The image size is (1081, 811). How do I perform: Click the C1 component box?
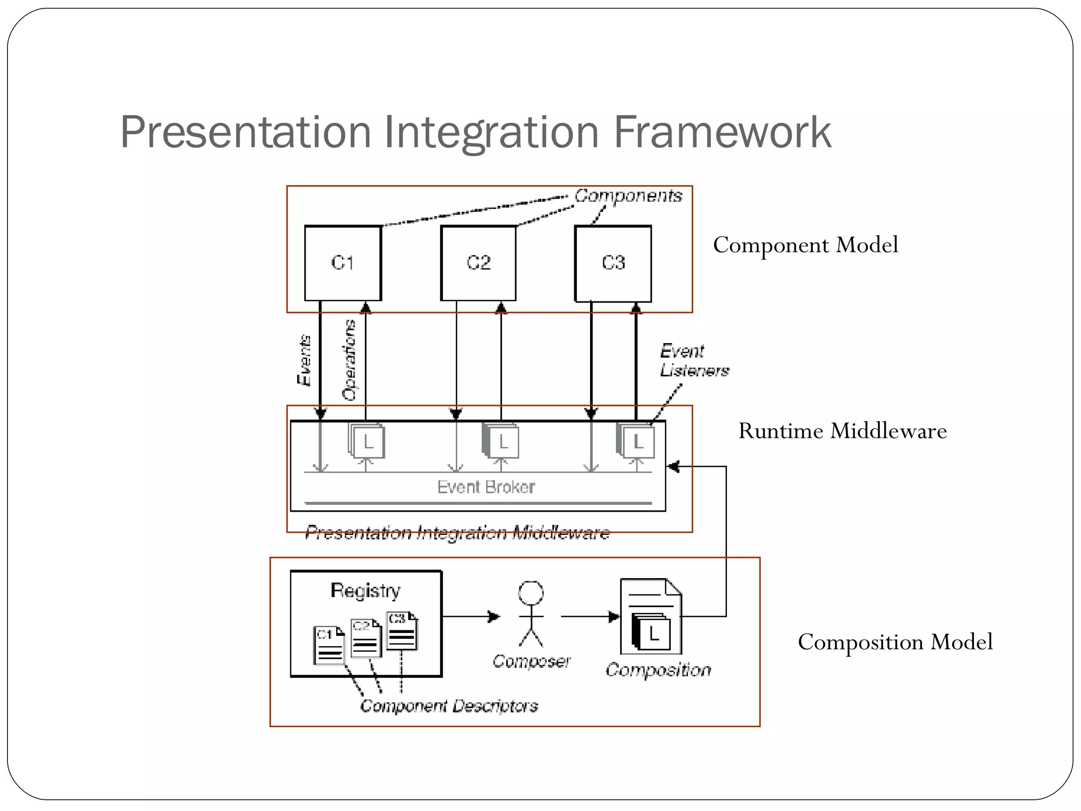point(343,263)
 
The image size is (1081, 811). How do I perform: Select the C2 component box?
point(478,263)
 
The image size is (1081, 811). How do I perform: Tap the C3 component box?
point(613,263)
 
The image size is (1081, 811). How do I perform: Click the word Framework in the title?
point(722,132)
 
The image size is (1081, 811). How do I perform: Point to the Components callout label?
point(628,196)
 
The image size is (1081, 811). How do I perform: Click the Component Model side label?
point(805,245)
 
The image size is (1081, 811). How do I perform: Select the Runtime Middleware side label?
point(842,431)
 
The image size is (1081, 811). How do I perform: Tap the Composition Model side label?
point(895,642)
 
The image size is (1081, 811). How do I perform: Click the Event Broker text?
point(486,487)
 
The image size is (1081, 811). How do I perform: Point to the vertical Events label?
point(304,361)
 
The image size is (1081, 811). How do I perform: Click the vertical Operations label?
point(349,361)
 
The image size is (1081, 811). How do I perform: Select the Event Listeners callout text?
point(694,361)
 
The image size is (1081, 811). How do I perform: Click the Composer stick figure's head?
point(530,593)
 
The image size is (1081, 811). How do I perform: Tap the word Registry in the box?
point(365,590)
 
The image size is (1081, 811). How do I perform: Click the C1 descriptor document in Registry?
point(328,645)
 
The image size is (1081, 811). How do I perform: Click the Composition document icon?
point(651,617)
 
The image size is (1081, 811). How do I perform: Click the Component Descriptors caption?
point(449,706)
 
